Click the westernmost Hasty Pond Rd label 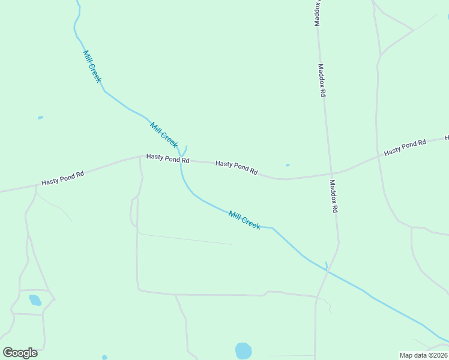coord(62,178)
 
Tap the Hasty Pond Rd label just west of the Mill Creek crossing coord(168,159)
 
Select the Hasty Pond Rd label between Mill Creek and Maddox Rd coord(237,167)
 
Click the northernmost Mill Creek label coord(92,66)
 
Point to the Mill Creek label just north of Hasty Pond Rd coord(164,135)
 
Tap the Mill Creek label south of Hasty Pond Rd coord(244,220)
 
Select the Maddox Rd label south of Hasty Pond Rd coord(334,197)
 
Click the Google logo coord(20,353)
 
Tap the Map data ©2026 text coord(424,355)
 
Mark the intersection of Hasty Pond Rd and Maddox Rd coord(330,174)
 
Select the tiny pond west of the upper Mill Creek coord(40,118)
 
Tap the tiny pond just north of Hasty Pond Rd coord(288,165)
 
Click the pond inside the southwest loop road coord(35,300)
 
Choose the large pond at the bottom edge coord(243,351)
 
